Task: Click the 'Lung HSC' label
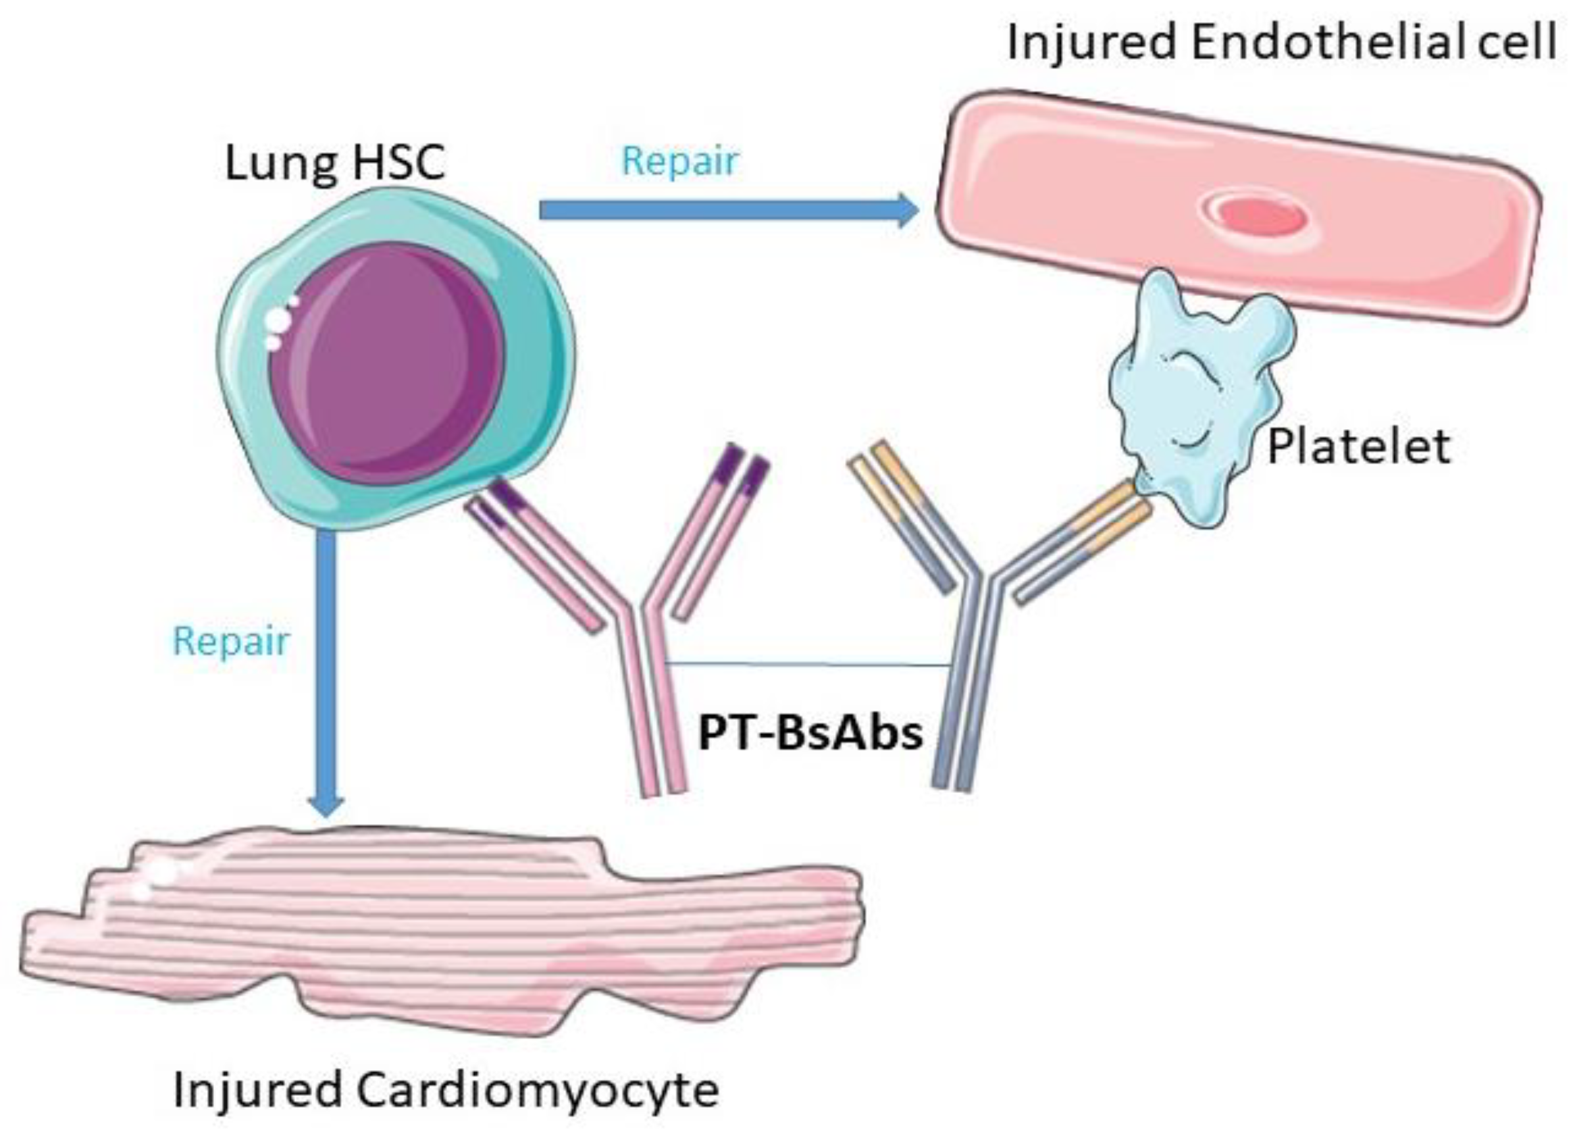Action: (335, 164)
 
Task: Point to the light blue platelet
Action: (1198, 396)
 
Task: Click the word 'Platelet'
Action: (1358, 447)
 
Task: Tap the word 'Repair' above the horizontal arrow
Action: (679, 161)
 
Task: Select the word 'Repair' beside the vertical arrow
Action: (230, 640)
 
